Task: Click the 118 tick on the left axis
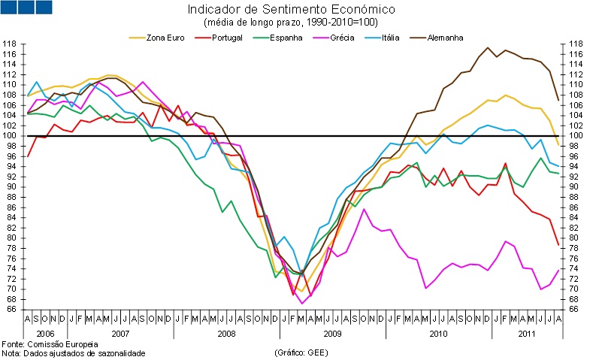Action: (x=10, y=44)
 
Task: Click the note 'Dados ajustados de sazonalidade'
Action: (x=83, y=352)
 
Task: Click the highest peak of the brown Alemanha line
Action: (x=488, y=47)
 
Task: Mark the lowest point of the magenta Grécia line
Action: (x=302, y=304)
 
